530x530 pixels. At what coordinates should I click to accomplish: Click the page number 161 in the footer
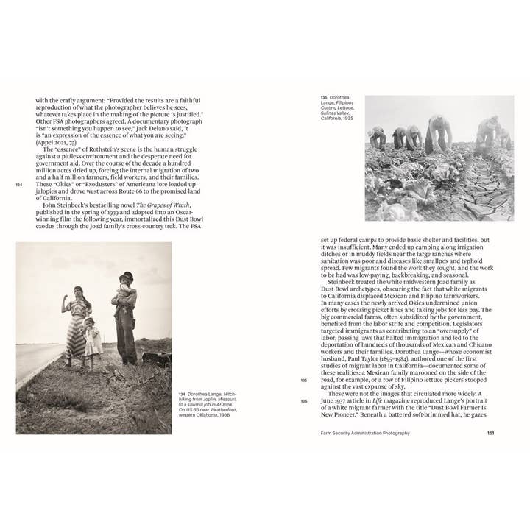(490, 433)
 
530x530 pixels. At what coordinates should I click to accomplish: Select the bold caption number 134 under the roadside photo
(182, 395)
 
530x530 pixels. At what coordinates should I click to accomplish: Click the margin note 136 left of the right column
(304, 401)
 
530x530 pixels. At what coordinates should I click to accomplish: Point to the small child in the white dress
(93, 339)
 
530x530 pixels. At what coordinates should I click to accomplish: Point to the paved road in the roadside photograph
(33, 361)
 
